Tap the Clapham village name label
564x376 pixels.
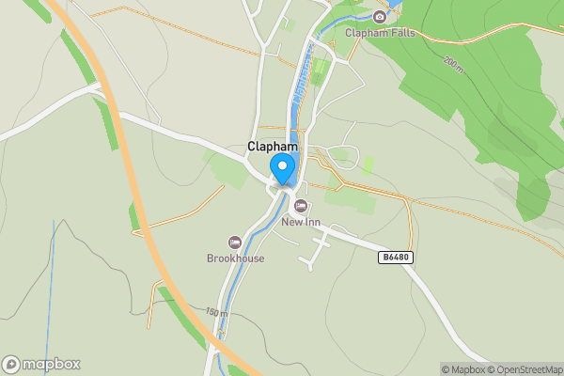coord(273,147)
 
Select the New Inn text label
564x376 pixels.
coord(300,223)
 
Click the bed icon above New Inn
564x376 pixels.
coord(301,206)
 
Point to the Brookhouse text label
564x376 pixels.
coord(235,258)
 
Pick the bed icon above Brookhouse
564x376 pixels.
coord(235,243)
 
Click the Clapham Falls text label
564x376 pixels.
coord(380,33)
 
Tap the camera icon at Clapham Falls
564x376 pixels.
coord(380,17)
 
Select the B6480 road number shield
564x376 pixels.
coord(397,257)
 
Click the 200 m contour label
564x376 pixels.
coord(453,63)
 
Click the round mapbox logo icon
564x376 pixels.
coord(11,365)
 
